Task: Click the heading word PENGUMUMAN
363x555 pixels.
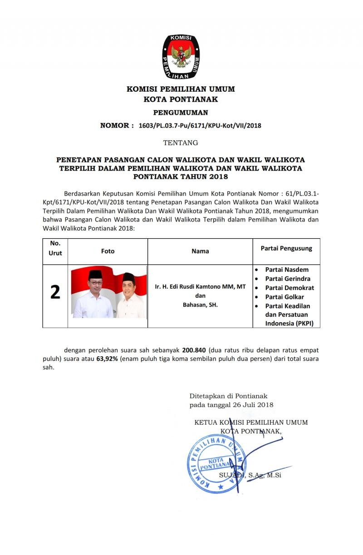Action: click(x=181, y=112)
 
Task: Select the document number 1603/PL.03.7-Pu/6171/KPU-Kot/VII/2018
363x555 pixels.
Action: click(x=200, y=125)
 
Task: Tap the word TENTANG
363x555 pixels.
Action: click(x=181, y=143)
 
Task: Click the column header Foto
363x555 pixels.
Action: click(x=108, y=251)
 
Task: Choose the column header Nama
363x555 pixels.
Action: click(x=200, y=251)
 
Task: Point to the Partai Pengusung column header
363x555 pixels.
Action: click(x=286, y=249)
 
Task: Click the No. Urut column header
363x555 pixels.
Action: click(x=55, y=248)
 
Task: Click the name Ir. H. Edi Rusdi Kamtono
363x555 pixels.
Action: click(x=200, y=286)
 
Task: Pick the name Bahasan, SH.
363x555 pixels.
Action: click(x=200, y=305)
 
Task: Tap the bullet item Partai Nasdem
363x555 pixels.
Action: click(x=287, y=270)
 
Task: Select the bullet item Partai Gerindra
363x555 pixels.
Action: click(x=288, y=279)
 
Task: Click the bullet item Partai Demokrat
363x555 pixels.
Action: click(x=289, y=288)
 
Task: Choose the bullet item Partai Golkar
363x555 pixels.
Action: click(x=285, y=297)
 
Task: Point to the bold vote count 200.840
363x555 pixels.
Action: click(x=194, y=350)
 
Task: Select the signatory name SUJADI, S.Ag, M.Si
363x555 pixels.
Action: click(x=250, y=475)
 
